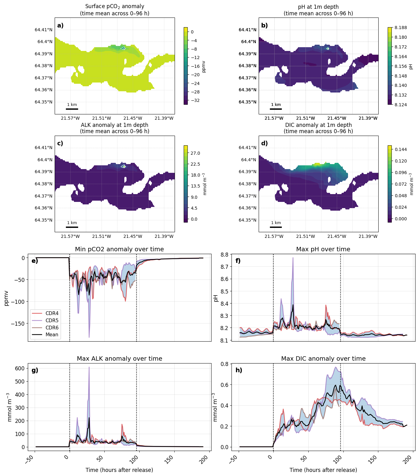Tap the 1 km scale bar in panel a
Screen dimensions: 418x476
[72, 109]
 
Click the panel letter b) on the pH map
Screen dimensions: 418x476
[264, 25]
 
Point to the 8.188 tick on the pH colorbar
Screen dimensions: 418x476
[401, 28]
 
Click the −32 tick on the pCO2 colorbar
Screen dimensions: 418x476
[195, 100]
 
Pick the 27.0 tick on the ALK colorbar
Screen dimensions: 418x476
[195, 153]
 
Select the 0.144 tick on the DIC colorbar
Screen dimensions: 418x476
[401, 149]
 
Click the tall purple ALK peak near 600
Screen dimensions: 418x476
[89, 367]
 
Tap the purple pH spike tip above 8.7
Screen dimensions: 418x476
[293, 258]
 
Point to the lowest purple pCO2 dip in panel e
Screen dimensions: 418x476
[89, 337]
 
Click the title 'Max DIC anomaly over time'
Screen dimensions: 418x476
[323, 358]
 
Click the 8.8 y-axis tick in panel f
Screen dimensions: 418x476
[225, 254]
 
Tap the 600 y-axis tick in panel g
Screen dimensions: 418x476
[20, 368]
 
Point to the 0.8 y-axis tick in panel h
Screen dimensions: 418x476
[225, 364]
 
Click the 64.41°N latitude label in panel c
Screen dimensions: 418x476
[43, 148]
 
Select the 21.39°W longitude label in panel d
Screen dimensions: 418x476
[368, 236]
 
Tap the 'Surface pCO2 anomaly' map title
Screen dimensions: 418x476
[115, 7]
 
